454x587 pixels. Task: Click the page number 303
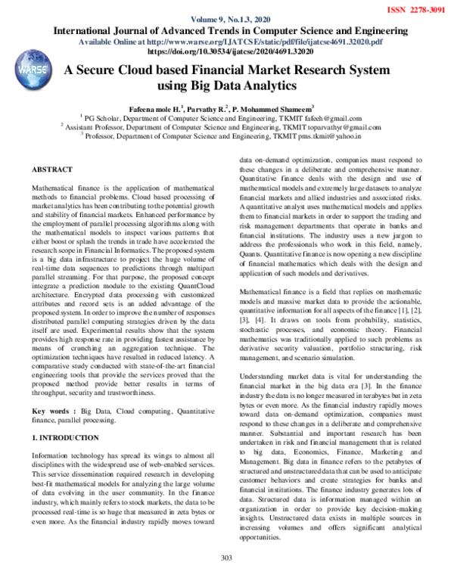click(x=225, y=579)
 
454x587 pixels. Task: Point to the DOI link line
click(x=227, y=52)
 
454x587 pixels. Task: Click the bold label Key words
click(x=55, y=411)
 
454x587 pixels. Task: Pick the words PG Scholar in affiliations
click(x=103, y=118)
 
